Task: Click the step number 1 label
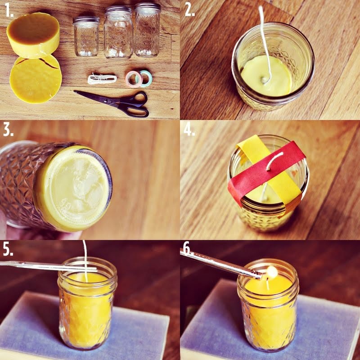pos(9,11)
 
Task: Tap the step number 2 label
pos(189,11)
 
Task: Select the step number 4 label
pos(189,130)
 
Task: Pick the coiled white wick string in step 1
pos(102,79)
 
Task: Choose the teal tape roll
pos(145,78)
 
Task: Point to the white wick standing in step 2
pos(265,45)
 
